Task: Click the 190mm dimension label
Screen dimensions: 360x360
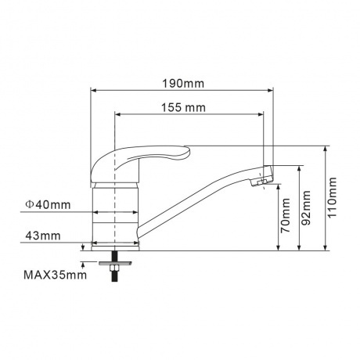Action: [183, 84]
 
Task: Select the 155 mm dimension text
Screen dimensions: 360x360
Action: [183, 107]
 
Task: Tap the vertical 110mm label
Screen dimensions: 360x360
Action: [333, 197]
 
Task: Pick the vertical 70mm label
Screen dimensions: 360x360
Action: [285, 216]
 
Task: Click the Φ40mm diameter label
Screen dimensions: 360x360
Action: [48, 205]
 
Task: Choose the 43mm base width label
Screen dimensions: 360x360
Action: [43, 236]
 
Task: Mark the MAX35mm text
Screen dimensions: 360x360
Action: [55, 275]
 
